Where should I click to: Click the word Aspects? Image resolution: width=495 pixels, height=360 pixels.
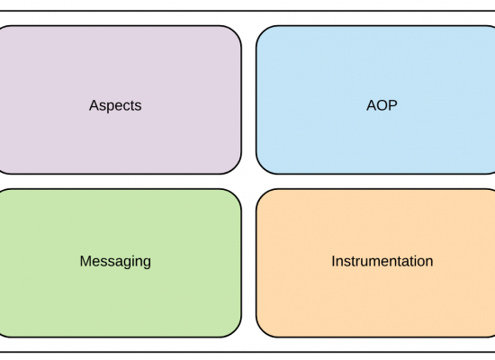click(115, 105)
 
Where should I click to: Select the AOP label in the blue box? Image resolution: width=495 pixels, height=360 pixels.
click(382, 105)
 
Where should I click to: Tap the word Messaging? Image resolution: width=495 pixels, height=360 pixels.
click(115, 262)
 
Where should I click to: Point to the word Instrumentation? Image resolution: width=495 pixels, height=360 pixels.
click(382, 261)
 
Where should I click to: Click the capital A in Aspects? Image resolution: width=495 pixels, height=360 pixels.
click(94, 105)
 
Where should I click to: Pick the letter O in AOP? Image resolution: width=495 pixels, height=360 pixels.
click(382, 105)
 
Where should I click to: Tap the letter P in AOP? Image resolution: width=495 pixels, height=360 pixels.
click(393, 105)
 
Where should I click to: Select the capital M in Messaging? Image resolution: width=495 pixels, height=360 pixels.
click(85, 261)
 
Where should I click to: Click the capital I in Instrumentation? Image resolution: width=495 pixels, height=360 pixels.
click(333, 261)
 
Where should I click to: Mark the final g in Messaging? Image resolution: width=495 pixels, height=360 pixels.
click(147, 264)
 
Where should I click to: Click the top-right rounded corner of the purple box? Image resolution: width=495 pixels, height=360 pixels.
click(235, 32)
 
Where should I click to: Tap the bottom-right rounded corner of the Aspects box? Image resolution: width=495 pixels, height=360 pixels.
click(235, 167)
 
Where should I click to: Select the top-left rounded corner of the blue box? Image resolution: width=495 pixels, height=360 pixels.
click(263, 32)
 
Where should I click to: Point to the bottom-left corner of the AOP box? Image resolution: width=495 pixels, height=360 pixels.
click(263, 167)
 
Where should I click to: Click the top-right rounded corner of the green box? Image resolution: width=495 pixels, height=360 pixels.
click(235, 195)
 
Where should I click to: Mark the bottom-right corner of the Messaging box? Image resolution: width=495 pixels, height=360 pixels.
click(235, 331)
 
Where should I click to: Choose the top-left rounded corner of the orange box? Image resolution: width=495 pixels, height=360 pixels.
click(263, 195)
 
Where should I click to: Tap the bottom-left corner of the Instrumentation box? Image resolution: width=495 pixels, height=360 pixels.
click(263, 331)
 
